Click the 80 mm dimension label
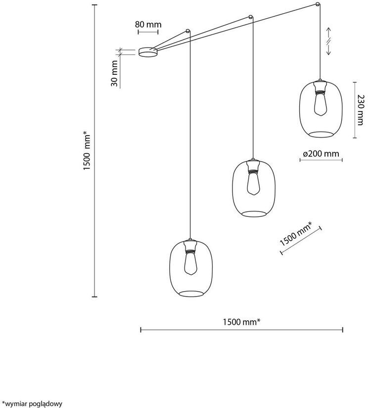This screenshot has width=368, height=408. coord(148,24)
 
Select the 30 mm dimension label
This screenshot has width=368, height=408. coord(114,73)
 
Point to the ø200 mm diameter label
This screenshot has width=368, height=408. coord(321,154)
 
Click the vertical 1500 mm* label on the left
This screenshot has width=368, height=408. coord(87,152)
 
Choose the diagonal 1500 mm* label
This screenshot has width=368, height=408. coord(296,234)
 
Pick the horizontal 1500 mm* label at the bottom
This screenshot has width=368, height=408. coord(242,322)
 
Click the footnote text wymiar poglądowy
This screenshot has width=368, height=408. coord(32,404)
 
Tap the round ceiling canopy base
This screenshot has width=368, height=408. coord(148,52)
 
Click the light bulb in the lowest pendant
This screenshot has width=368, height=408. coord(191,263)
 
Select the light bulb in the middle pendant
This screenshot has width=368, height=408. coord(253,183)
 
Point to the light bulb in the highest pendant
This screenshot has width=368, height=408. coord(321,104)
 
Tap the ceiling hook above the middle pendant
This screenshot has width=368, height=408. coord(250,17)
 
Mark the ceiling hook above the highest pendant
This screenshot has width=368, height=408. coord(318,4)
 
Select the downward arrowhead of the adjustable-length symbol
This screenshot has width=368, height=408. coord(328,53)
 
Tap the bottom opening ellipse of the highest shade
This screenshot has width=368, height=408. coord(321,134)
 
